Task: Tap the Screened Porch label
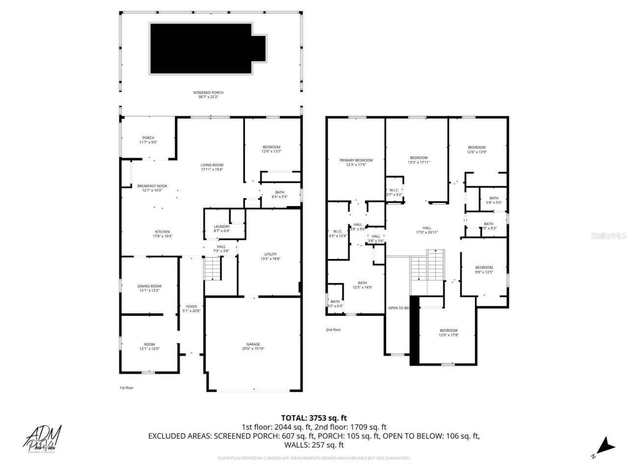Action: (x=208, y=95)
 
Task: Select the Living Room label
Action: (x=212, y=167)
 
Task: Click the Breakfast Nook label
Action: (x=152, y=188)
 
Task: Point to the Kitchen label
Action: (x=162, y=234)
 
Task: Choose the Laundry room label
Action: (x=222, y=229)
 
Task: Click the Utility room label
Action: (x=270, y=256)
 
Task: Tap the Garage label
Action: (x=253, y=346)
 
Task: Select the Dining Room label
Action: (x=149, y=288)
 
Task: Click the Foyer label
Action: (x=191, y=309)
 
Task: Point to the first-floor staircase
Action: (x=212, y=269)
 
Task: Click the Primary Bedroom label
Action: (x=356, y=162)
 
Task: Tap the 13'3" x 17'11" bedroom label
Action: (x=419, y=160)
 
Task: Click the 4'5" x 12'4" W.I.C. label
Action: (x=338, y=234)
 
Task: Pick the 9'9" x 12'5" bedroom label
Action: (x=484, y=270)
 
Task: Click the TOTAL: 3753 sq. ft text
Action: (x=314, y=418)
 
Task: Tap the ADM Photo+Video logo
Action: (x=43, y=438)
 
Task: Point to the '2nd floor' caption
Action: (x=333, y=330)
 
